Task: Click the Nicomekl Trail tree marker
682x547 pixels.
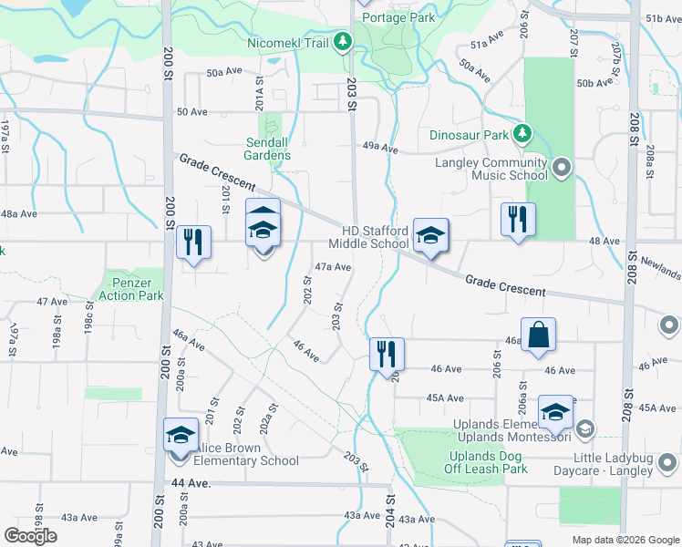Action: (x=342, y=42)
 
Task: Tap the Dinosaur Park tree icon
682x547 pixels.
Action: (x=522, y=135)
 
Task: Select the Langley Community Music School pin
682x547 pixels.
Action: (x=561, y=168)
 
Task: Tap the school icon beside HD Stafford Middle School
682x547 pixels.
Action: (x=430, y=234)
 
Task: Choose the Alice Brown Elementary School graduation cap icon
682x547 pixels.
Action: (x=181, y=434)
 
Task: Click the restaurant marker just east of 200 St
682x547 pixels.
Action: (x=192, y=242)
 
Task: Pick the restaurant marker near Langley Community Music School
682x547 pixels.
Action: (x=518, y=218)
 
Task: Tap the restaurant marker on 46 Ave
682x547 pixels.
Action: (x=387, y=353)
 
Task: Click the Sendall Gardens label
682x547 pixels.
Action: (x=268, y=149)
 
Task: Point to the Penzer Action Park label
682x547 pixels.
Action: (x=131, y=289)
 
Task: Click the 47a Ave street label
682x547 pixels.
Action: (x=333, y=267)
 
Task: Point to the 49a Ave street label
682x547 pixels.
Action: (x=380, y=147)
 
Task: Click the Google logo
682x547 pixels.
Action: (x=31, y=536)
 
